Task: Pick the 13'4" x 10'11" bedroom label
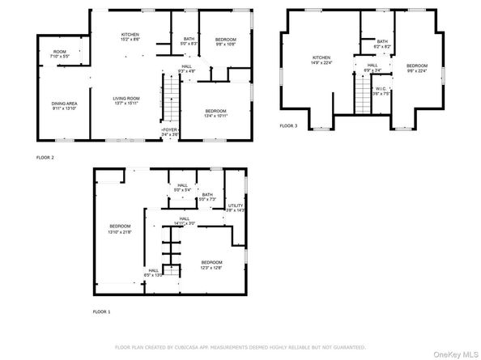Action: click(x=215, y=112)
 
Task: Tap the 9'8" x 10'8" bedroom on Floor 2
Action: click(x=225, y=42)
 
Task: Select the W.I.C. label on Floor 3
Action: click(x=380, y=90)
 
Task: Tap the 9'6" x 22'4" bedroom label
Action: click(x=416, y=68)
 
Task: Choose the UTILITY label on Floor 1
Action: click(x=235, y=208)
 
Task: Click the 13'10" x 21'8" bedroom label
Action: click(x=121, y=228)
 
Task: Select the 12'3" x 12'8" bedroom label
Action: click(x=211, y=264)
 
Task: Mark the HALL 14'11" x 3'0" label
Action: click(x=185, y=221)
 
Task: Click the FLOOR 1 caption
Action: click(x=101, y=311)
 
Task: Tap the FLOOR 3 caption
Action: click(x=288, y=126)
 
